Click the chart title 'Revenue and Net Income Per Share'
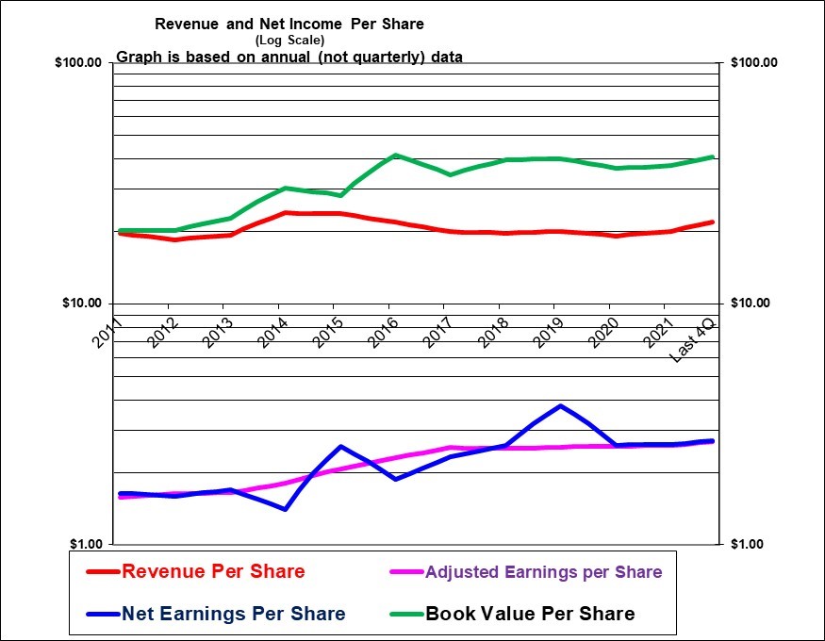[289, 24]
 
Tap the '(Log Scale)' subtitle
[289, 40]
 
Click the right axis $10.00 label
[751, 304]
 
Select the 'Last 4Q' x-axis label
[693, 340]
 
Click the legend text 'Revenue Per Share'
[213, 571]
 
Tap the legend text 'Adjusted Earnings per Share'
[543, 572]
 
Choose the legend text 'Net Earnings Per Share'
[234, 614]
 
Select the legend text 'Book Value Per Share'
[530, 614]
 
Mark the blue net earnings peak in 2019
[561, 406]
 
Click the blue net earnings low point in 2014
[285, 509]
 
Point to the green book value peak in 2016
[396, 156]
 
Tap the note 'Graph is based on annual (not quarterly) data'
[289, 57]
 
